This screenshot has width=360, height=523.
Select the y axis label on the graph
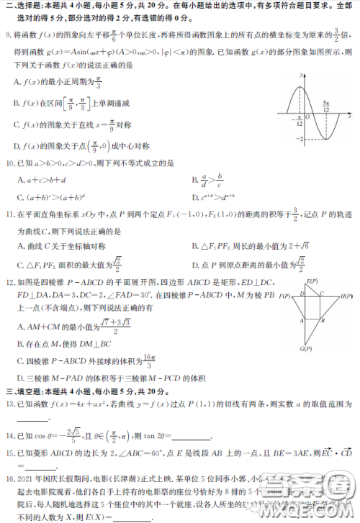(302, 75)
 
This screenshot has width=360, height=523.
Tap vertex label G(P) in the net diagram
(305, 349)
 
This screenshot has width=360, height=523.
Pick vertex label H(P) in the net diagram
(346, 295)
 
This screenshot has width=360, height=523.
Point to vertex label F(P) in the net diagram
(285, 296)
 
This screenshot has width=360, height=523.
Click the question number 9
(7, 34)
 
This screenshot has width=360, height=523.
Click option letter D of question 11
(195, 265)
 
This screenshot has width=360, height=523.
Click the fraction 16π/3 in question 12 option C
(148, 359)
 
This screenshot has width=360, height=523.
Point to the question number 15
(9, 453)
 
